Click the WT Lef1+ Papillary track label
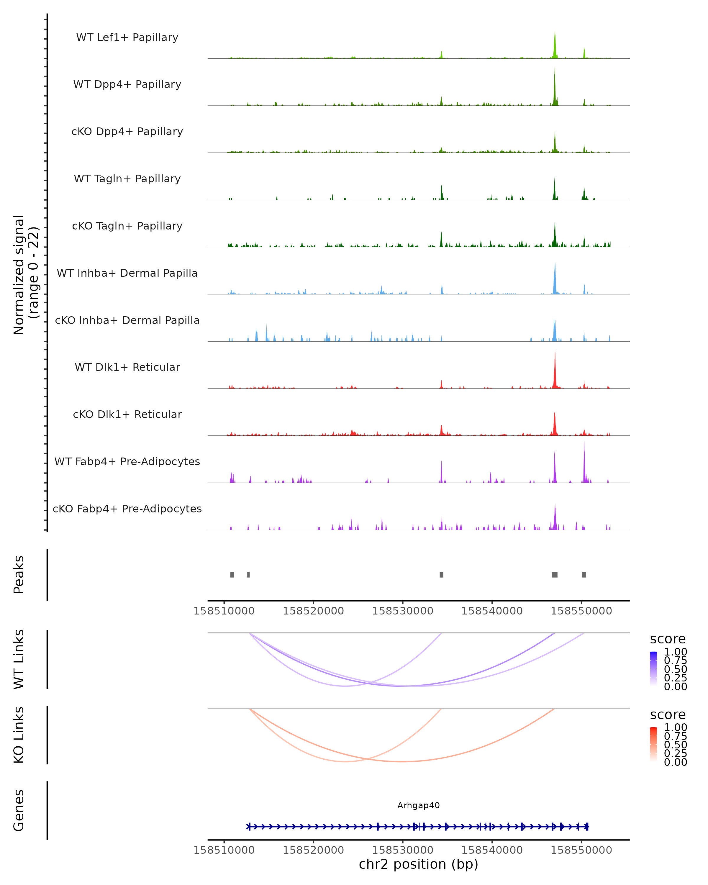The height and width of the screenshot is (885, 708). (x=127, y=37)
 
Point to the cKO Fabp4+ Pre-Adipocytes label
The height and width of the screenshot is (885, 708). (x=127, y=509)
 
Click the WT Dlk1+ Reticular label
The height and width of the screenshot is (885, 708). (x=127, y=367)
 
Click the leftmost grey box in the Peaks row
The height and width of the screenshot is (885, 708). (x=232, y=575)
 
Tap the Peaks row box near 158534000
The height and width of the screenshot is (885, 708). (x=441, y=575)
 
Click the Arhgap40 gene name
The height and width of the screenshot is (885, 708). (x=418, y=805)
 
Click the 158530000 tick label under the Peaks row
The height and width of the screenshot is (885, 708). (x=402, y=611)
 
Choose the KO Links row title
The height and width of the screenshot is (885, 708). (x=19, y=735)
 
